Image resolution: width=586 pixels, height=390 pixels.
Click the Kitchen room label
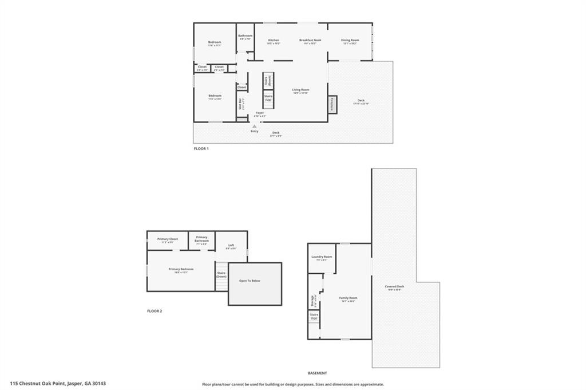[274, 40]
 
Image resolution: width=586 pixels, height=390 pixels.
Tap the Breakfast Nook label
[310, 40]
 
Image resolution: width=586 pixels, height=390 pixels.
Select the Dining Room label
[350, 40]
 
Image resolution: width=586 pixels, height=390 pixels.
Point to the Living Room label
[300, 90]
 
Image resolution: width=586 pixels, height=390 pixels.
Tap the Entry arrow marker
[254, 126]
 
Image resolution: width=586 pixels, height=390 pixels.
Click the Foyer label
[260, 113]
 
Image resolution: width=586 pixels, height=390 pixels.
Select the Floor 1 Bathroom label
[245, 36]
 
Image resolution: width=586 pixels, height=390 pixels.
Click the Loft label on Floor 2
[231, 246]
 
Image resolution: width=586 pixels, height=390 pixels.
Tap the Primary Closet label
[168, 239]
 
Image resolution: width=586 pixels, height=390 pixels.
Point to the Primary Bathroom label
[201, 239]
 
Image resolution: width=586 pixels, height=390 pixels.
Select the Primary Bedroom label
[181, 269]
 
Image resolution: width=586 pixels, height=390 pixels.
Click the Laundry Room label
[322, 257]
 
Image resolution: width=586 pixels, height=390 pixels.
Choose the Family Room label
[348, 298]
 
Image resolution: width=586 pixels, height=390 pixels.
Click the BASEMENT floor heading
[317, 373]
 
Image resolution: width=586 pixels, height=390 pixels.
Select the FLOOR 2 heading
[155, 311]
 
